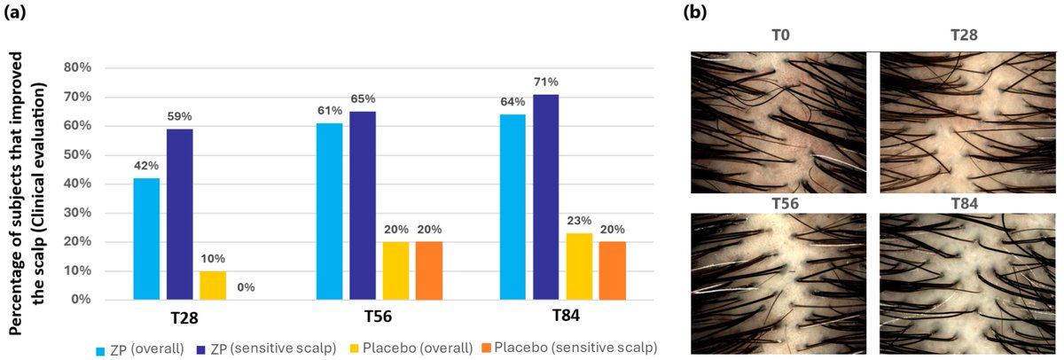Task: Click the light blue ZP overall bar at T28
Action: point(146,239)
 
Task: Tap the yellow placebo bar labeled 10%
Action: point(214,286)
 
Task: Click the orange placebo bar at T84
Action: point(613,271)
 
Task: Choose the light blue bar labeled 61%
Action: point(330,212)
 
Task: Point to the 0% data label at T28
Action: point(247,287)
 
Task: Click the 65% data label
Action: point(364,99)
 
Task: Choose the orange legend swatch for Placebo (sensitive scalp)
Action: point(483,347)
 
